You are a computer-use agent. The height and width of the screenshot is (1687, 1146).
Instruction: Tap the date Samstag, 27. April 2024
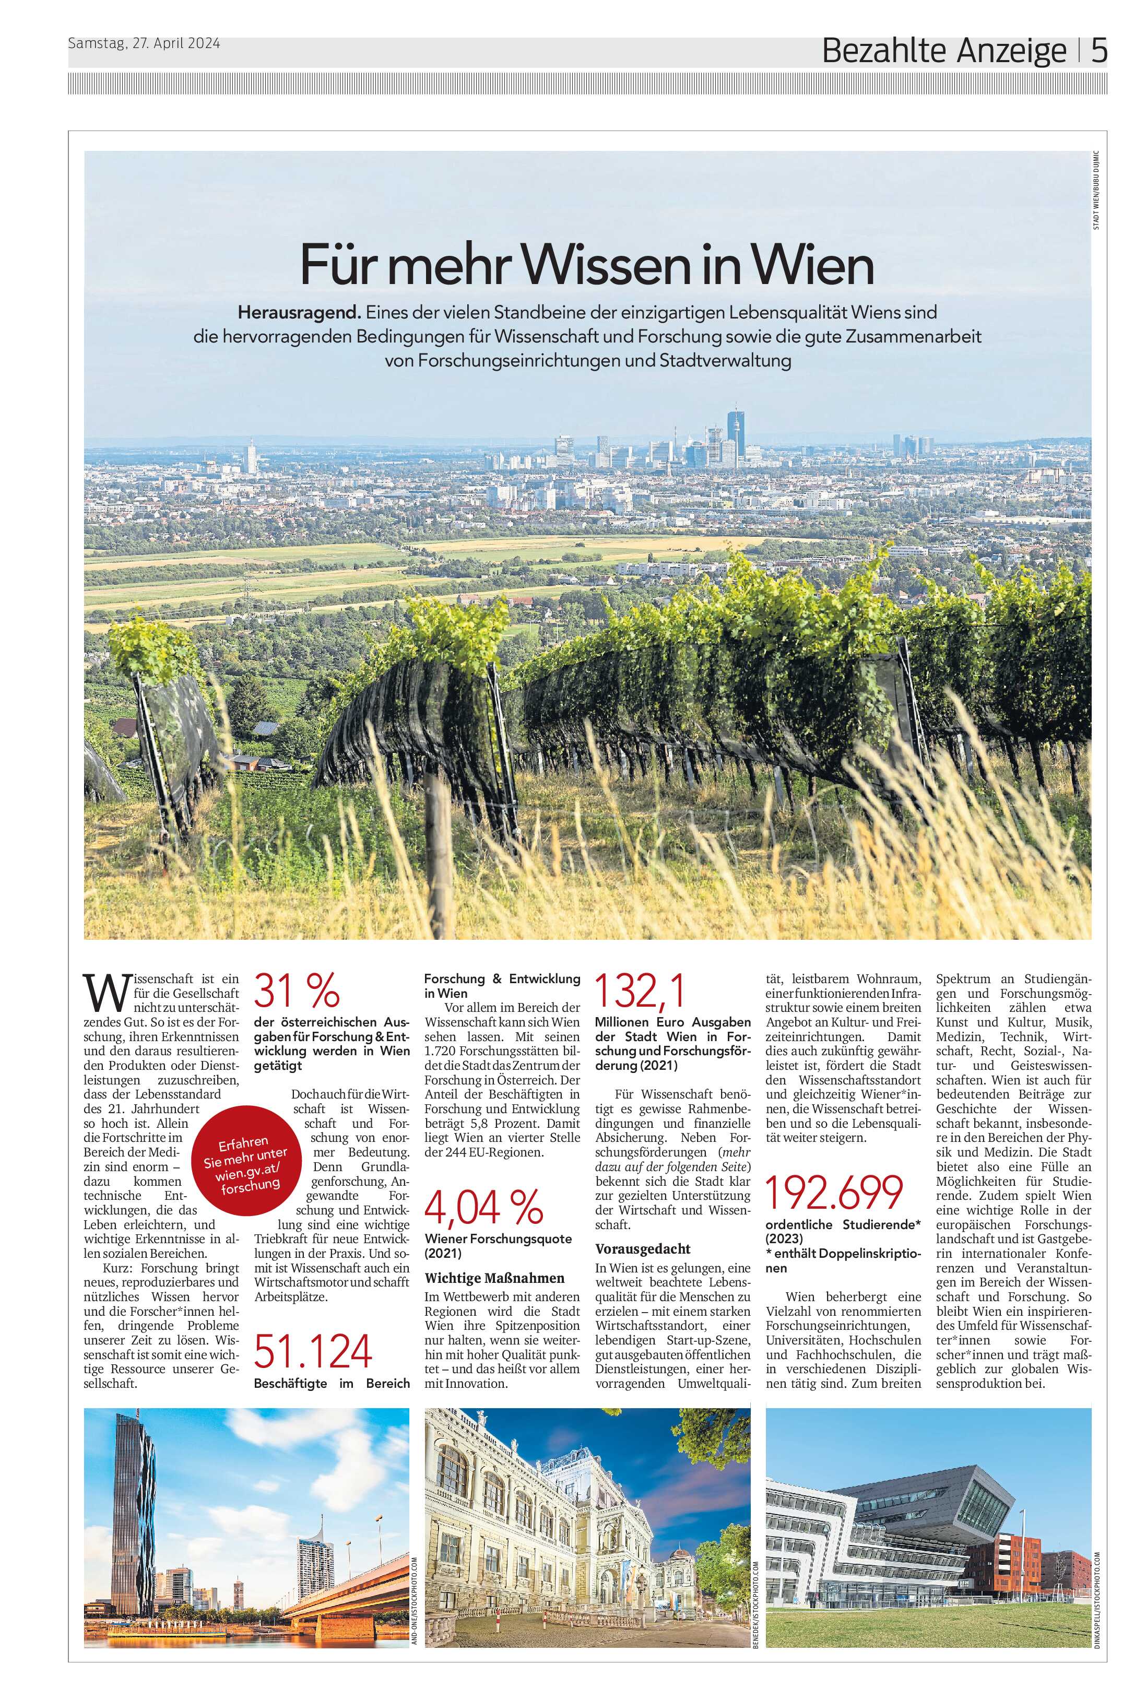click(x=144, y=43)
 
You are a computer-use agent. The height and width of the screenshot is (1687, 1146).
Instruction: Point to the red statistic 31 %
click(x=297, y=990)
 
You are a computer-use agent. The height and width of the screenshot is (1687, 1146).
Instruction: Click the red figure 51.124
click(x=313, y=1351)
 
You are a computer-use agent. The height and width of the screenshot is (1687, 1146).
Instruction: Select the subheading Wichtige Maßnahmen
click(x=495, y=1278)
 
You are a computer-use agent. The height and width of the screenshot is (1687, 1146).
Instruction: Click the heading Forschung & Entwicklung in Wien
click(x=502, y=986)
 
